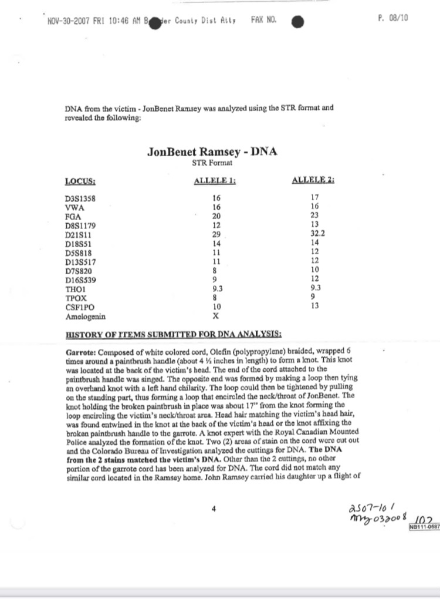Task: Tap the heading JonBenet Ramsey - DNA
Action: pos(212,152)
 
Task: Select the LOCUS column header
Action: pos(80,181)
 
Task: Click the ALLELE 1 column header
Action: pos(214,181)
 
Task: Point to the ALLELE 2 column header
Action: pos(313,180)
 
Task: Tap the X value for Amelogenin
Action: pos(216,315)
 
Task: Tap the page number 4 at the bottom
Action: pos(213,509)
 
